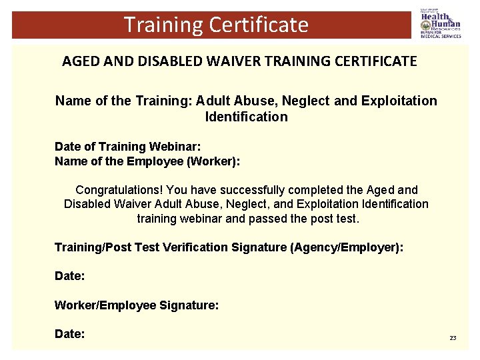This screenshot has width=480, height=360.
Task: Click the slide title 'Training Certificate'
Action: click(216, 25)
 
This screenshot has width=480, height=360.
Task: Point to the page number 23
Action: click(453, 338)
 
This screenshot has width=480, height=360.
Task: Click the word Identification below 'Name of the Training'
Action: click(247, 117)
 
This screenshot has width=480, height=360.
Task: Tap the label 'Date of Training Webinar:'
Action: click(127, 147)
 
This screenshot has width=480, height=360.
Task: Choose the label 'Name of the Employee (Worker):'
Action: click(147, 161)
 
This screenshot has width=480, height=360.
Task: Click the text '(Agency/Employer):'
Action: click(347, 248)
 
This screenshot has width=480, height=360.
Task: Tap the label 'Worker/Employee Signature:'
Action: click(137, 305)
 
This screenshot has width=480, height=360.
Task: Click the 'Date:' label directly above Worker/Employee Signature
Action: click(69, 275)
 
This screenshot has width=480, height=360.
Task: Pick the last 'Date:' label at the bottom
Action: click(69, 334)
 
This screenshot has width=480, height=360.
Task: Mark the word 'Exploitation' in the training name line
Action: click(399, 101)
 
